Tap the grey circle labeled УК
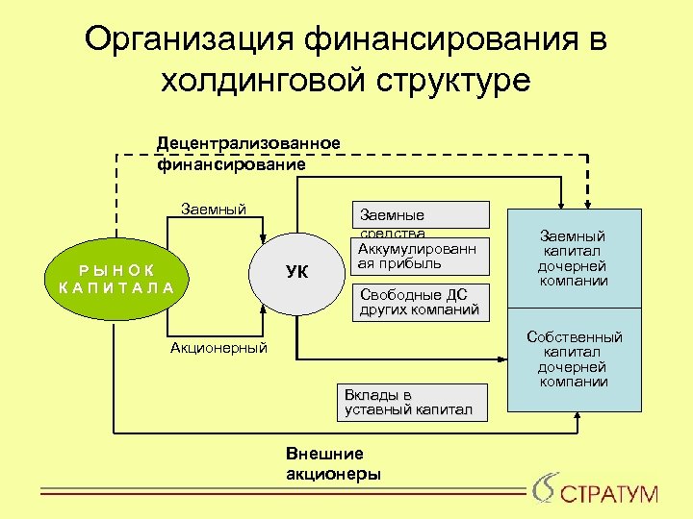coord(296,272)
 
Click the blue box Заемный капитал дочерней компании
coord(573,258)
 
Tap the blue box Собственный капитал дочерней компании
coord(573,359)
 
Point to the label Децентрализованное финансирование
coord(248,154)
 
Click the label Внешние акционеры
coord(333,463)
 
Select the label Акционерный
coord(218,348)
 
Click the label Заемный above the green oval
coord(214,210)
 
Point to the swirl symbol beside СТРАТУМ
coord(543,487)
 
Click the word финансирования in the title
coord(436,39)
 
